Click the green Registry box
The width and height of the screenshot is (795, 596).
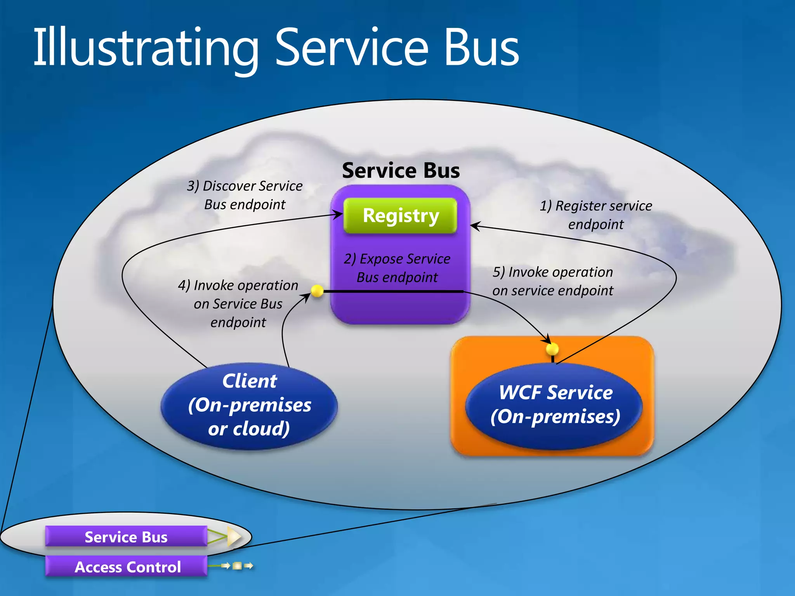click(x=400, y=215)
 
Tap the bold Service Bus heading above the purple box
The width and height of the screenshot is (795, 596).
click(x=401, y=170)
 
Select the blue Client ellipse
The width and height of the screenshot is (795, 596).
click(x=249, y=405)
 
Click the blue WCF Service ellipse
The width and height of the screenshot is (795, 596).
click(x=554, y=405)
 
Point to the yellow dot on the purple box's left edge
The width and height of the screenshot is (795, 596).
click(x=317, y=291)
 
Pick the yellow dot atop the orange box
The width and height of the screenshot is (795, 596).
click(x=552, y=349)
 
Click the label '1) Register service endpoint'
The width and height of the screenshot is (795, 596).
click(x=596, y=215)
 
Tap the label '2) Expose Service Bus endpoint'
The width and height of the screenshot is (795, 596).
click(x=397, y=268)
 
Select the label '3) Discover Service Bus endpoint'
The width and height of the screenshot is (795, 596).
click(x=245, y=195)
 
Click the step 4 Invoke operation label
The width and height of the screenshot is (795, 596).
click(x=238, y=303)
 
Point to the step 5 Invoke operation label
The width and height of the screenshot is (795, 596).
click(x=553, y=281)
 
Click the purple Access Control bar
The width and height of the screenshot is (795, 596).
click(x=127, y=567)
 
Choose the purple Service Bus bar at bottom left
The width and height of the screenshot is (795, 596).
click(x=127, y=537)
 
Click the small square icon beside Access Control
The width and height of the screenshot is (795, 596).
click(x=237, y=566)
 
